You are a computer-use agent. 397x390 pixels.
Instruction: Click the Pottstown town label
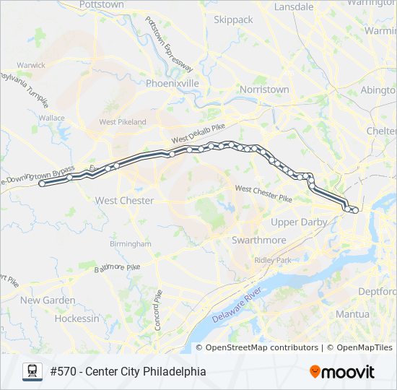(x=102, y=4)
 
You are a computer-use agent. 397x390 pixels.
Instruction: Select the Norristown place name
(x=264, y=90)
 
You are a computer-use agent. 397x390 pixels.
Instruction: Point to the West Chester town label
(x=124, y=200)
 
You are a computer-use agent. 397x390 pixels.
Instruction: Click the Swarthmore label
(x=258, y=240)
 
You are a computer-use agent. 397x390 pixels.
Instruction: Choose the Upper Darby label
(x=299, y=222)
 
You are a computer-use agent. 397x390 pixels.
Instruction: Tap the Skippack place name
(x=232, y=20)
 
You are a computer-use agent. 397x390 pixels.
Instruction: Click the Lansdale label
(x=295, y=6)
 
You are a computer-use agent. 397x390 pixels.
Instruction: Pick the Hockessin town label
(x=77, y=318)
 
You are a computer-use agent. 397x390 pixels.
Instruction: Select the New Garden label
(x=48, y=300)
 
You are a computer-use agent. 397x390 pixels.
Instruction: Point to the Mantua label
(x=352, y=314)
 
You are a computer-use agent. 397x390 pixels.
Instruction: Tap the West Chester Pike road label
(x=263, y=192)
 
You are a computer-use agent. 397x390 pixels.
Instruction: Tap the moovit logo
(x=342, y=371)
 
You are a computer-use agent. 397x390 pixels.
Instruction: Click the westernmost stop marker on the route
(x=42, y=184)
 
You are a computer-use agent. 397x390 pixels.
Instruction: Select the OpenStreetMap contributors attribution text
(x=262, y=347)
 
